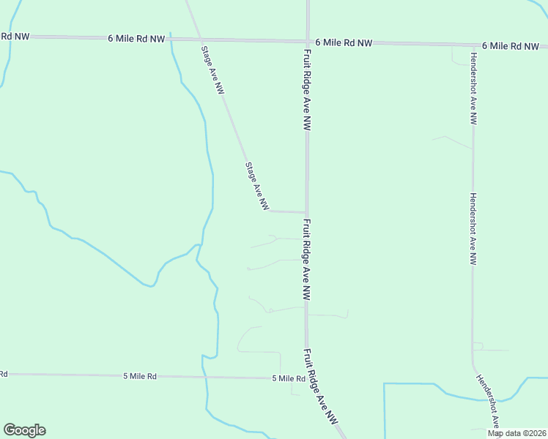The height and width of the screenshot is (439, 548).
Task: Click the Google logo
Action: coord(24,430)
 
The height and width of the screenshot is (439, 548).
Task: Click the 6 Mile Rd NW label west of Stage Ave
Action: coord(136,38)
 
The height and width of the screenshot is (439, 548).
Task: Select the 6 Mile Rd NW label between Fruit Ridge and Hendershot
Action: coord(344,43)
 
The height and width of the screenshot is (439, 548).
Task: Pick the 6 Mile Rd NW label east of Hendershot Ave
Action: coord(511,46)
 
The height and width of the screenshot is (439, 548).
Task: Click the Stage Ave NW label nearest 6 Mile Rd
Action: coord(212,70)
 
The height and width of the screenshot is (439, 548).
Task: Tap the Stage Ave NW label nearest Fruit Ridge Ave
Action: coord(257,187)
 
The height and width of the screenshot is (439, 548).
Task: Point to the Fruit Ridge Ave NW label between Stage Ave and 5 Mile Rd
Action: coord(306,260)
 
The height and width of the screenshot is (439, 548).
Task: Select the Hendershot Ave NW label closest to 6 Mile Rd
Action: coord(473,88)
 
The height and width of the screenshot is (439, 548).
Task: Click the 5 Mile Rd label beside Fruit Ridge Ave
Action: coord(288,378)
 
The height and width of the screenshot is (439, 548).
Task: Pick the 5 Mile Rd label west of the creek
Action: coord(139,376)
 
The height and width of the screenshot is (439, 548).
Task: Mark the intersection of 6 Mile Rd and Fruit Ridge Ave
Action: coord(308,42)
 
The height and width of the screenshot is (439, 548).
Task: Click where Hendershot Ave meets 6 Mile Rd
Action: coord(473,45)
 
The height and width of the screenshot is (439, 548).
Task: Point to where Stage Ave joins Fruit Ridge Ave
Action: coord(306,212)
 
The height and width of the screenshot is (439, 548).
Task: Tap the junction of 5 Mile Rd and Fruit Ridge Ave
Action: coord(307,378)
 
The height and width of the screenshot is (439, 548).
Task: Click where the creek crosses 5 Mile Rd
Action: coord(204,377)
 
